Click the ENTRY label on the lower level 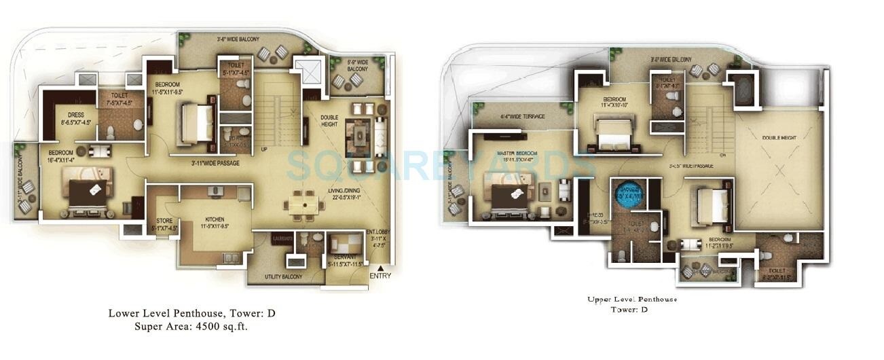[x=380, y=276]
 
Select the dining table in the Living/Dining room [x=303, y=202]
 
